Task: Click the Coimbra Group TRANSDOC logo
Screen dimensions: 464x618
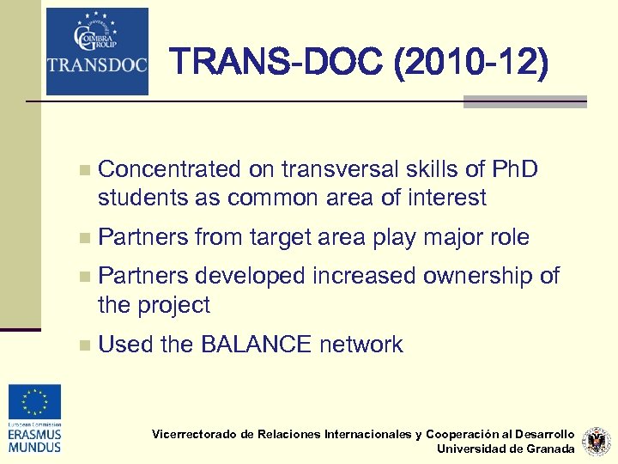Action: pos(97,51)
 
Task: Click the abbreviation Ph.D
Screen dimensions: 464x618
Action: pos(513,169)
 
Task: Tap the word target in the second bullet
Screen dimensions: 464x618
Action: pos(283,237)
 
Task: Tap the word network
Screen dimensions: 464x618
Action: pos(360,345)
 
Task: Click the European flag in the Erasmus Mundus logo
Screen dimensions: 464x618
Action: pos(35,402)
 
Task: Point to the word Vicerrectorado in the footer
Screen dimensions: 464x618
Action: pos(194,434)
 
